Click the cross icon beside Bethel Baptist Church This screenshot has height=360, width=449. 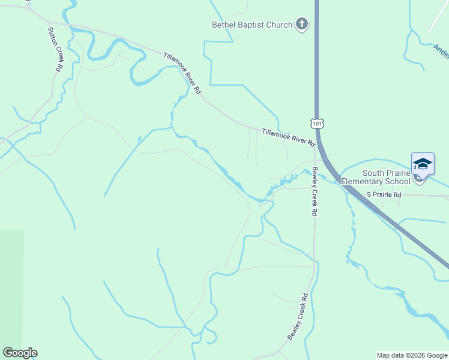pos(302,25)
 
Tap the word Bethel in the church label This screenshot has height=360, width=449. pos(224,25)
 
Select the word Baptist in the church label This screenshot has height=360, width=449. pos(252,25)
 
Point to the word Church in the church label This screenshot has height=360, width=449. pos(279,25)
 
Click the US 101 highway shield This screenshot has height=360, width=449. pos(316,123)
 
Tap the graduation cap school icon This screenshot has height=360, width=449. pos(423,164)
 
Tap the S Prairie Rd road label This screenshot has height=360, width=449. pos(385,194)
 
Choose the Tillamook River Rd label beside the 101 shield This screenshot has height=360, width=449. pos(288,137)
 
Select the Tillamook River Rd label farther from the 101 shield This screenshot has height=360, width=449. pos(182,73)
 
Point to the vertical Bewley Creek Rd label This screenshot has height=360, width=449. pos(314,192)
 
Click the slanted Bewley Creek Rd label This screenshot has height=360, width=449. pos(298,317)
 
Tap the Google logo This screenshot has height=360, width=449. pos(20,353)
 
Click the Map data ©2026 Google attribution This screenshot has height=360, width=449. pos(412,355)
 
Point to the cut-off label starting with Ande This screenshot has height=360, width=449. pos(441,53)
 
